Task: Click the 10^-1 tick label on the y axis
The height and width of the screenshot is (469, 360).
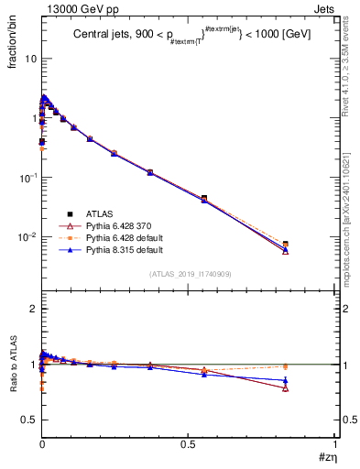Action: [x=26, y=178]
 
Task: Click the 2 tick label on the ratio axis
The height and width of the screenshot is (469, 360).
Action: [x=31, y=310]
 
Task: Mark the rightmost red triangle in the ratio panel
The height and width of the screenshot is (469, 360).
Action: [x=286, y=388]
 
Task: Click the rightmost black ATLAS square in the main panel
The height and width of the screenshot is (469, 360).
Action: [x=286, y=245]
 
